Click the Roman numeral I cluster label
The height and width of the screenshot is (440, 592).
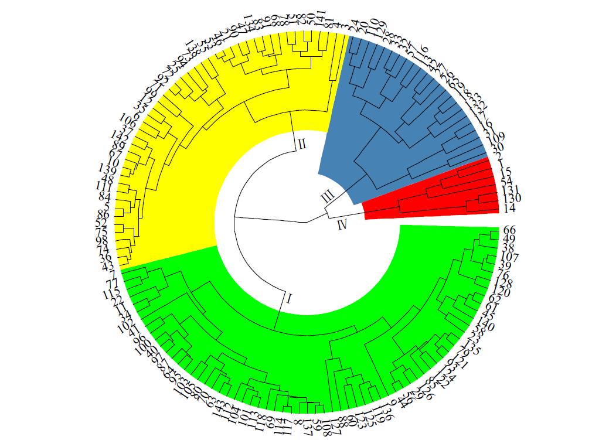point(289,299)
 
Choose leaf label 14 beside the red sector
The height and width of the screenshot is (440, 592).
point(509,209)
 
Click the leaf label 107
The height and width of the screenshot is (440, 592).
point(508,257)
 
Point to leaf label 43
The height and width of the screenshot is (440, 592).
point(108,266)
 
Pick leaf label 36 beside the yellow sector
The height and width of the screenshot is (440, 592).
point(106,257)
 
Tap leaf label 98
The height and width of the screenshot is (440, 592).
point(102,241)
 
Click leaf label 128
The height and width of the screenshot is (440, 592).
point(502,284)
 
